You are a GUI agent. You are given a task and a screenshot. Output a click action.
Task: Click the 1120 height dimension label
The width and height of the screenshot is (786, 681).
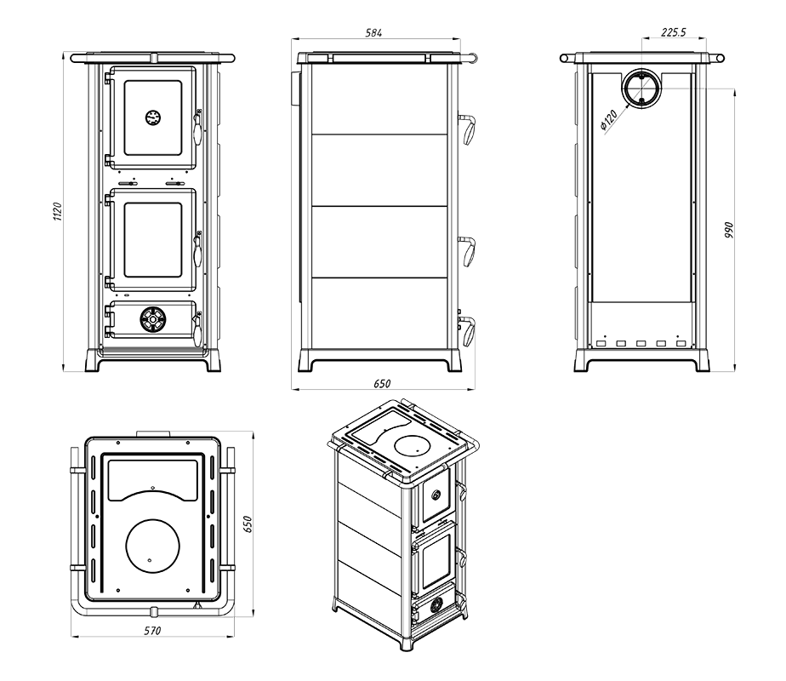pos(57,214)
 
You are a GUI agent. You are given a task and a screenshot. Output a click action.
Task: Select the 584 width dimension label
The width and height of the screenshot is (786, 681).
pos(373,32)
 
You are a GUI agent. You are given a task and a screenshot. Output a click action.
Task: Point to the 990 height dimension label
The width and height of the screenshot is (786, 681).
pos(729,230)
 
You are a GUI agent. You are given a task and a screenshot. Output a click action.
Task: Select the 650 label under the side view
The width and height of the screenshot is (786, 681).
pos(382,384)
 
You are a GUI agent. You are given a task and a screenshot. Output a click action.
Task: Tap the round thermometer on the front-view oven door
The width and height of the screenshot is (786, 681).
pos(152,117)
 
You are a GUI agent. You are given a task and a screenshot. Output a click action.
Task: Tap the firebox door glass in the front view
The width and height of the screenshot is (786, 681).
pos(153,240)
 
